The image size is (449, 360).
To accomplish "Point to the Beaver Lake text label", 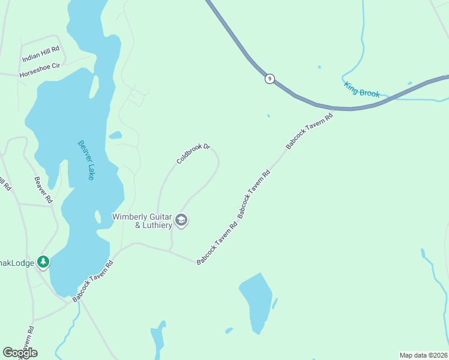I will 86,160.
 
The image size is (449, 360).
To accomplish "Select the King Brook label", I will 362,89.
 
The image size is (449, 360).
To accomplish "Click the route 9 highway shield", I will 270,79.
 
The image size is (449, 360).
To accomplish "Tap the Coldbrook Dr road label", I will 193,154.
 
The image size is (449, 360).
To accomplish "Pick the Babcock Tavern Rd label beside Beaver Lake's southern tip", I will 93,281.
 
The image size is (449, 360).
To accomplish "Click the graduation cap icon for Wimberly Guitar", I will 182,221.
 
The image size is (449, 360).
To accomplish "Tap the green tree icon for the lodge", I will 43,262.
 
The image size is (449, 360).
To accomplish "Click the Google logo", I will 20,353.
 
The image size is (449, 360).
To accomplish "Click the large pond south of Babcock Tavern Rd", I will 256,300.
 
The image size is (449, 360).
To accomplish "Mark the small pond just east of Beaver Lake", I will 115,135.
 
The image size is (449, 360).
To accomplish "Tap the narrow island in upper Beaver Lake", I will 94,86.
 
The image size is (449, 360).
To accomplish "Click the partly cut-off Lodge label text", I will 17,262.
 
